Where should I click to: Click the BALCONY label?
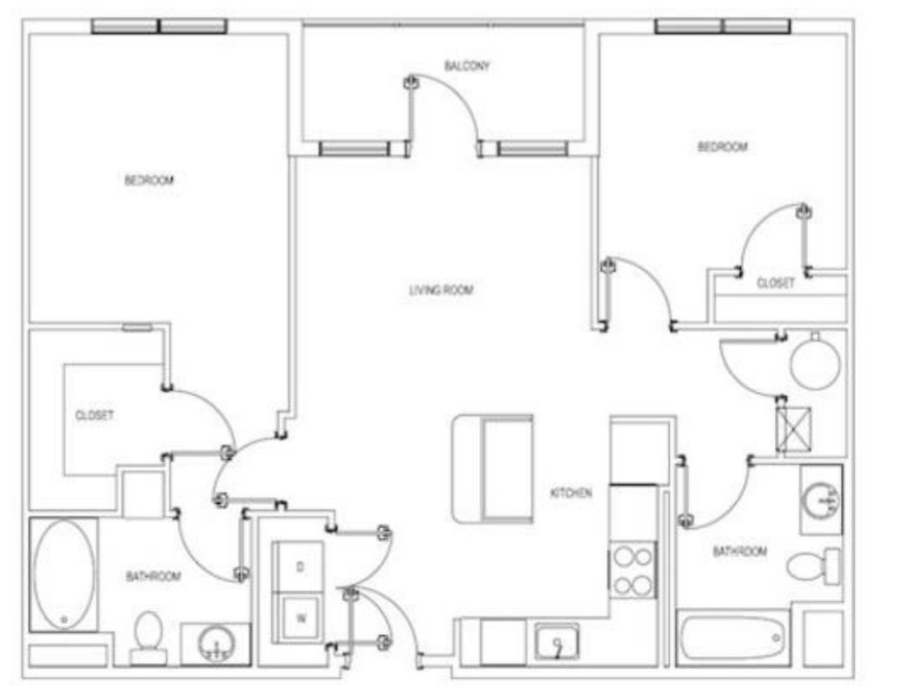[467, 66]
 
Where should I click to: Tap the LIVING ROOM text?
[441, 290]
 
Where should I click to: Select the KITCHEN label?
[571, 493]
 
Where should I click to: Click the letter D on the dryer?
[301, 567]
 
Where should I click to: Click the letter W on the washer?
[301, 619]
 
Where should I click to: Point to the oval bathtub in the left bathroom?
[63, 574]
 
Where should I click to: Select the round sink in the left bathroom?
[216, 644]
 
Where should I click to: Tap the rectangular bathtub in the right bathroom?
[732, 638]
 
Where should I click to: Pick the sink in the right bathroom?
[821, 500]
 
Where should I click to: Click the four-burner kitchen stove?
[633, 571]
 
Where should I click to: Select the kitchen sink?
[557, 641]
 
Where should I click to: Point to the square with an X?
[793, 429]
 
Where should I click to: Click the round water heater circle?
[815, 364]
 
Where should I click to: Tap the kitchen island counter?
[493, 468]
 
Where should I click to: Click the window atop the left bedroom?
[160, 27]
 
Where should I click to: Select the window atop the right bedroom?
[723, 26]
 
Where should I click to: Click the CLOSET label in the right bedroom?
[776, 283]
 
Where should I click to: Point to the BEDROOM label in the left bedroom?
[149, 181]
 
